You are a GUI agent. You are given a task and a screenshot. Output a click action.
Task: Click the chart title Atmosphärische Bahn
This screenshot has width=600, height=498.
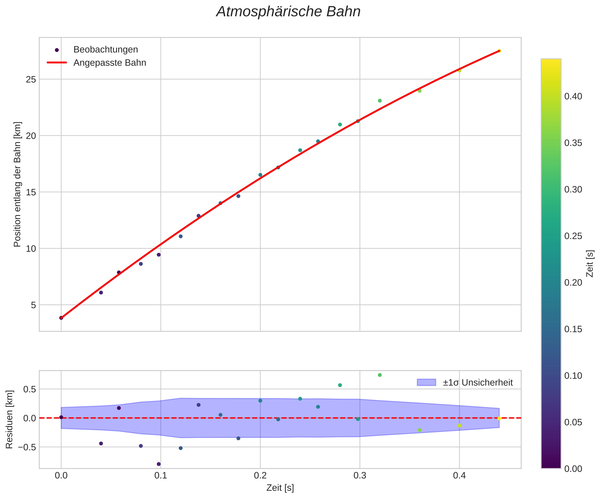pyautogui.click(x=288, y=12)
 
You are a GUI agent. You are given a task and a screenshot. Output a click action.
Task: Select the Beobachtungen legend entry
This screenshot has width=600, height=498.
pyautogui.click(x=105, y=50)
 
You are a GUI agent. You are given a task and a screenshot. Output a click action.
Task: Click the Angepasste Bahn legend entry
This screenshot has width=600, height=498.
pyautogui.click(x=109, y=63)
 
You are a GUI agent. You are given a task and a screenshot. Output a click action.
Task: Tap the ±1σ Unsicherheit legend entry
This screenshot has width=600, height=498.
pyautogui.click(x=478, y=382)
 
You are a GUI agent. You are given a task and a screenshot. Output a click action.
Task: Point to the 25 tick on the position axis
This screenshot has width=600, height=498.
pyautogui.click(x=31, y=79)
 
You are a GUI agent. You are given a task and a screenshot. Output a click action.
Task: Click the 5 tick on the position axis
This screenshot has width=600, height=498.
pyautogui.click(x=33, y=305)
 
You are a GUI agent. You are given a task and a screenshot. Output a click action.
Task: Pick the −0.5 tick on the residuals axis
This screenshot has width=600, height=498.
pyautogui.click(x=28, y=447)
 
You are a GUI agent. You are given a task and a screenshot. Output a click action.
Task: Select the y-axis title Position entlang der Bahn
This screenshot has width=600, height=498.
pyautogui.click(x=18, y=184)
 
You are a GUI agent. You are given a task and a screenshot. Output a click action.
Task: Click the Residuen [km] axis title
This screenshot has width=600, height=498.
pyautogui.click(x=10, y=419)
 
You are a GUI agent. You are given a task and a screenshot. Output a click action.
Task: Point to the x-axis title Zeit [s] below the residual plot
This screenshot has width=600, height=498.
pyautogui.click(x=280, y=488)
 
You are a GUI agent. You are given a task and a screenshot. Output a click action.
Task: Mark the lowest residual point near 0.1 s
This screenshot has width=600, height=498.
pyautogui.click(x=159, y=464)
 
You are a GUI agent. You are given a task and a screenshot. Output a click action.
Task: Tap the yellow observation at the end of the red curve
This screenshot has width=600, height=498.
pyautogui.click(x=499, y=51)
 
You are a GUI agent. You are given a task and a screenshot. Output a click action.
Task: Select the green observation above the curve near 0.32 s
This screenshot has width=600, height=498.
pyautogui.click(x=380, y=101)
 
